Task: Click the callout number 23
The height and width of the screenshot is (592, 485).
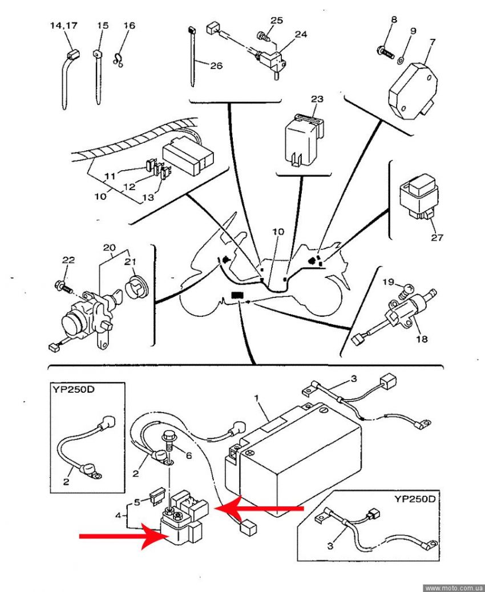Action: click(x=317, y=99)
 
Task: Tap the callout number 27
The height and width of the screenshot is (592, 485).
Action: click(x=437, y=237)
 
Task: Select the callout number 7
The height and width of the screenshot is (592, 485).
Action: click(x=432, y=42)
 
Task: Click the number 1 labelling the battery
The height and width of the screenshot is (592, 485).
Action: click(x=257, y=397)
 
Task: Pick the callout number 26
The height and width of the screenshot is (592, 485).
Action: click(x=216, y=66)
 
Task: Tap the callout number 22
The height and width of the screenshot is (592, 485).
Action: click(x=68, y=260)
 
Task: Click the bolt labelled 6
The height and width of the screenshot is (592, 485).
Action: click(x=171, y=440)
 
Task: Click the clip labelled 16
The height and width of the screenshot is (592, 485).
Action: click(x=119, y=58)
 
